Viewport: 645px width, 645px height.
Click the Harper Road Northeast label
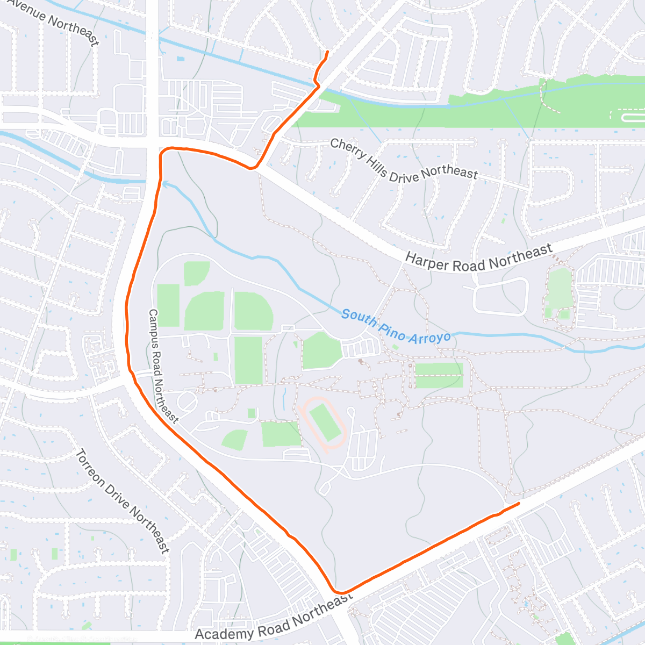[x=478, y=258]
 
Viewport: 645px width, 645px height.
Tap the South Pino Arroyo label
[x=396, y=326]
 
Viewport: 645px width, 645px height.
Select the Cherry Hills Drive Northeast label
[x=403, y=159]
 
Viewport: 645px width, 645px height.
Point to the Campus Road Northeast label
[x=162, y=366]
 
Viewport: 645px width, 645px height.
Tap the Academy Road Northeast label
[x=274, y=618]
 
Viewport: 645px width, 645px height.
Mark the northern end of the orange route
[x=327, y=51]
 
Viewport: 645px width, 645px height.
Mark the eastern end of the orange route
[x=519, y=503]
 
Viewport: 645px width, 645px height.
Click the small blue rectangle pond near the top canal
[x=180, y=59]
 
